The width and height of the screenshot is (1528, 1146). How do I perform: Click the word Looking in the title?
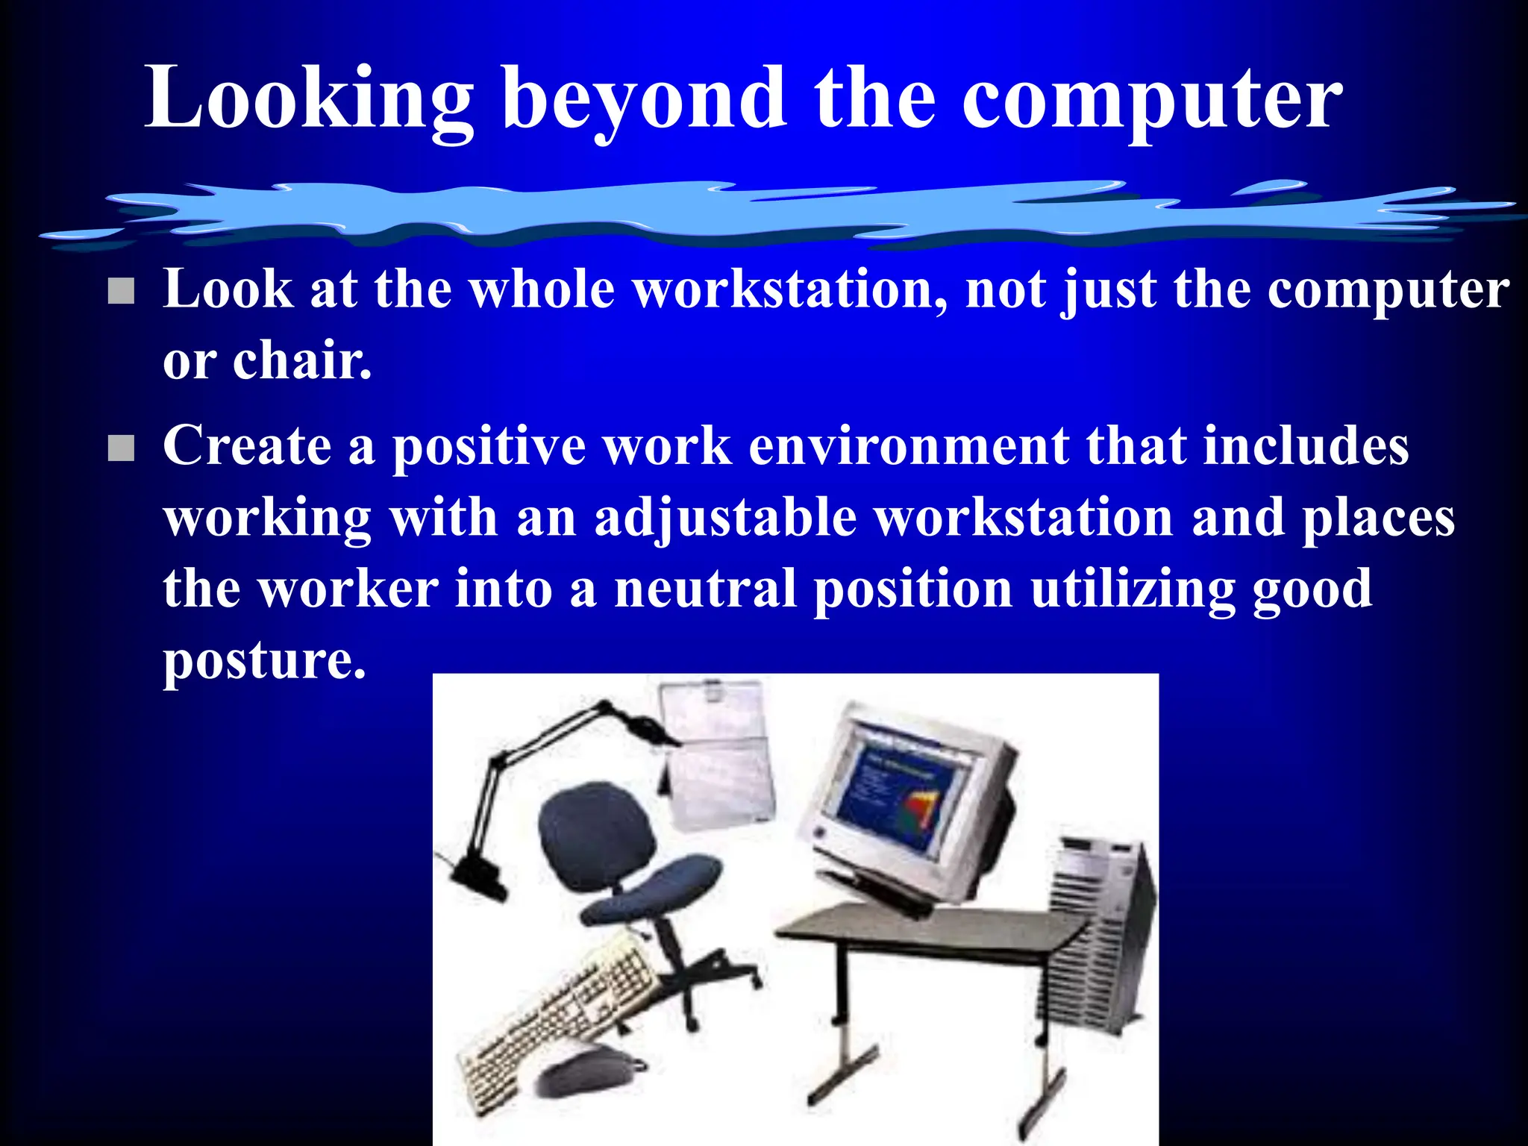coord(309,99)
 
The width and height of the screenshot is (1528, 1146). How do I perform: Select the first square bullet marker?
coord(121,291)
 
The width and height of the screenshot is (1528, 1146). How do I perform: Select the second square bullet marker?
coord(121,448)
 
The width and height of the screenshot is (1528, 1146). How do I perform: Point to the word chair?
coord(301,361)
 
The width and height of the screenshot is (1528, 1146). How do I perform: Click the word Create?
coord(247,445)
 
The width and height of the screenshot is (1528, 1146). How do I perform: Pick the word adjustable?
coord(725,518)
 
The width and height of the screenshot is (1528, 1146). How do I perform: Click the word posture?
coord(264,661)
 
